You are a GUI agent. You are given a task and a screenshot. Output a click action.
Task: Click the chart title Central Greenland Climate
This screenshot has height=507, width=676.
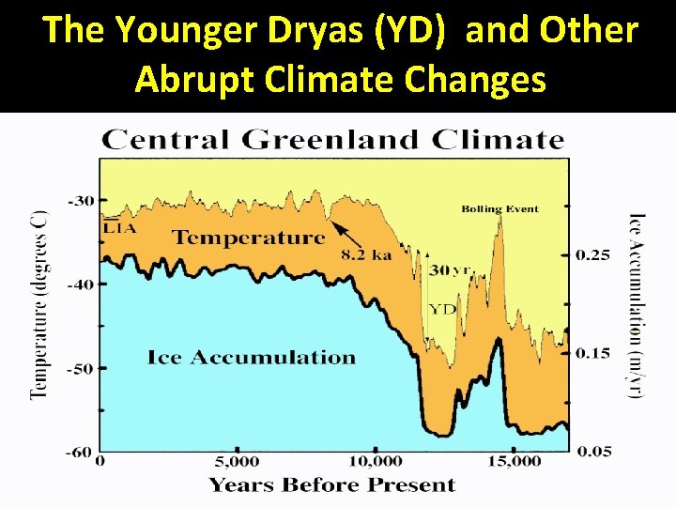[x=333, y=141]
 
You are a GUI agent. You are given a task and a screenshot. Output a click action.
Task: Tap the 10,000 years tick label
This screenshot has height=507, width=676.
[x=375, y=461]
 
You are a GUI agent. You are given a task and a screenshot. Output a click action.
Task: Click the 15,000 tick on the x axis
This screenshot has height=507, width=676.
[x=515, y=461]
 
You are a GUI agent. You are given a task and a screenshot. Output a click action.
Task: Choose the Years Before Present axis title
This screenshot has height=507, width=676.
[x=331, y=484]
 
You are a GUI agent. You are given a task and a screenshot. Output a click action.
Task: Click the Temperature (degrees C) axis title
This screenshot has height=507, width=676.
[x=38, y=305]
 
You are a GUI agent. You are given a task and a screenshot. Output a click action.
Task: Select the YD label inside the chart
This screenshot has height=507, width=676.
[x=441, y=309]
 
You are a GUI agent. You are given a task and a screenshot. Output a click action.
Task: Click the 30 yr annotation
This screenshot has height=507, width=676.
[x=450, y=270]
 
